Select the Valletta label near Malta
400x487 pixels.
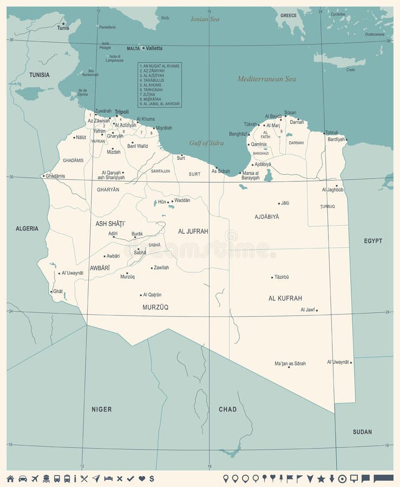(154, 48)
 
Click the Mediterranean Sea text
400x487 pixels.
(266, 79)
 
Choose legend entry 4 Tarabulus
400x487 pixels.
(152, 80)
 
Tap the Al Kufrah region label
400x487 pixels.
(285, 298)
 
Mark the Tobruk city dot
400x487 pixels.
(324, 133)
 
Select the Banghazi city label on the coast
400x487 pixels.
(238, 134)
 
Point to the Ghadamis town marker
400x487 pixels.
(44, 176)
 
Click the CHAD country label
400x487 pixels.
(227, 410)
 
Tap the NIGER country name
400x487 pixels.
(101, 410)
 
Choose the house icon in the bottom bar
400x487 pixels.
(10, 478)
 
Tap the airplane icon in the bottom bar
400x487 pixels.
(35, 478)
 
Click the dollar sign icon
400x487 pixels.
(152, 478)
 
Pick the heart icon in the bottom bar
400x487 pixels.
(141, 478)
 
